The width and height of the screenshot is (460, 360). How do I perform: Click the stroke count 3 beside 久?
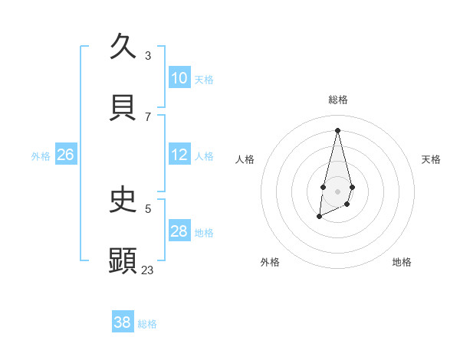click(148, 56)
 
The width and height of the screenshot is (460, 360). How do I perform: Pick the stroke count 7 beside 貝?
click(148, 116)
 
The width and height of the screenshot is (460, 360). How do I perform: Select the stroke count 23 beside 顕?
click(148, 270)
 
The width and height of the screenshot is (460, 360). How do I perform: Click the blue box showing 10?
click(179, 78)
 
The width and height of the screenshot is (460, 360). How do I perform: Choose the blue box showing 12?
click(179, 155)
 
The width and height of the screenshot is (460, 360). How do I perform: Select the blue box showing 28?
click(179, 231)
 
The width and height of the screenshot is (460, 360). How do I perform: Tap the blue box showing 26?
click(65, 155)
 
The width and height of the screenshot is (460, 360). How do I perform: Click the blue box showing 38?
click(123, 322)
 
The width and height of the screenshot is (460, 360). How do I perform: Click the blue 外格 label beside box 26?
click(41, 156)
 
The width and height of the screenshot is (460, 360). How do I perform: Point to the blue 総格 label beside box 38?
click(147, 324)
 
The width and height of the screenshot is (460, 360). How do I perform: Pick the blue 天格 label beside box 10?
click(204, 80)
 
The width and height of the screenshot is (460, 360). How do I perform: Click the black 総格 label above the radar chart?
click(337, 100)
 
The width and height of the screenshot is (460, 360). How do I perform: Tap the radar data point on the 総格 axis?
click(337, 129)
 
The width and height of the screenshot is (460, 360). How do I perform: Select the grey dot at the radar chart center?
click(337, 190)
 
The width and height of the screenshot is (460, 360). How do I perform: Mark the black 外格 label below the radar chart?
click(270, 262)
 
